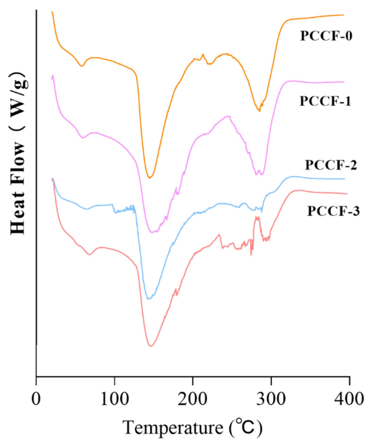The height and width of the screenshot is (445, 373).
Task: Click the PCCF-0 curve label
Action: coord(326,36)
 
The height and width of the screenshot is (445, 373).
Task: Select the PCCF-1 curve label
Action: coord(325,101)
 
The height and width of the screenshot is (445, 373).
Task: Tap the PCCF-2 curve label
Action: coord(331,165)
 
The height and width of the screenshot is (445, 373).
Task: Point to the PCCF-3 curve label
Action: coord(333,211)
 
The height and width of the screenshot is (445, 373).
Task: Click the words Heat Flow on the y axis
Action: coord(18,188)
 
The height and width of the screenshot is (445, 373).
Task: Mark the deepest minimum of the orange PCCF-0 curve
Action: coord(149,178)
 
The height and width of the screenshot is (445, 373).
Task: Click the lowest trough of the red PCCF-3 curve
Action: coord(151,346)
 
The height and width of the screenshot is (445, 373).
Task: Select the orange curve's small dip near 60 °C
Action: coord(81,66)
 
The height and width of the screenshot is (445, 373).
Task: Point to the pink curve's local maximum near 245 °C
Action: coord(229,116)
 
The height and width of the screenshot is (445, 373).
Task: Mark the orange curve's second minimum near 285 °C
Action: coord(259,111)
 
